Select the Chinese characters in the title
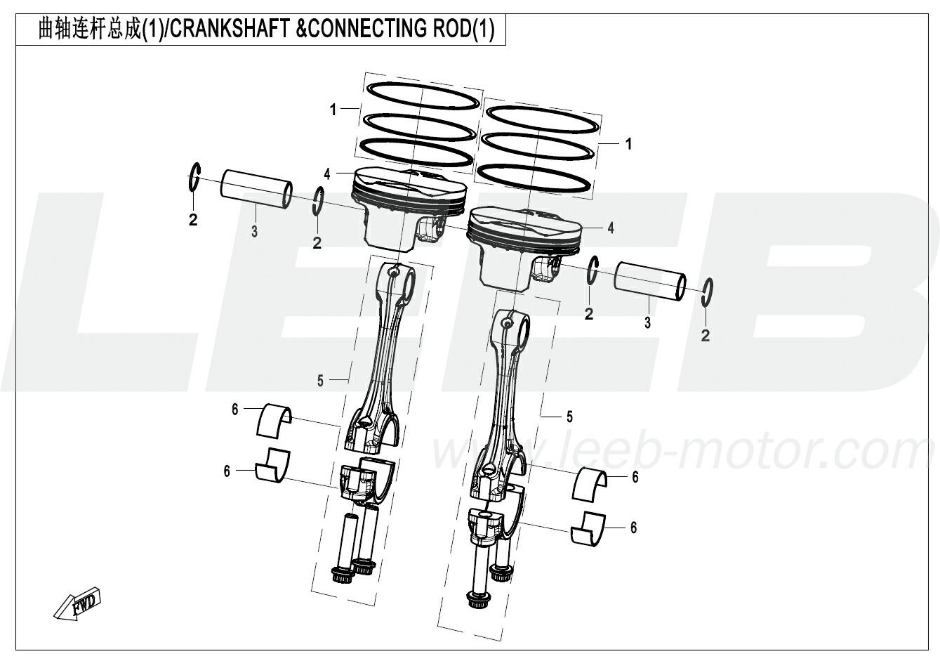tap(89, 30)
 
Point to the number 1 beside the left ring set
tap(333, 110)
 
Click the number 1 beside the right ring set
tap(628, 145)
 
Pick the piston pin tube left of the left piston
tap(257, 188)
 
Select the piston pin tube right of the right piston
tap(651, 282)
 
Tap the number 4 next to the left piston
tap(327, 174)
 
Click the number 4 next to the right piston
tap(611, 228)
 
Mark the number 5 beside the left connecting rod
tap(320, 381)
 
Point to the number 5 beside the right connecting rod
tap(569, 417)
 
